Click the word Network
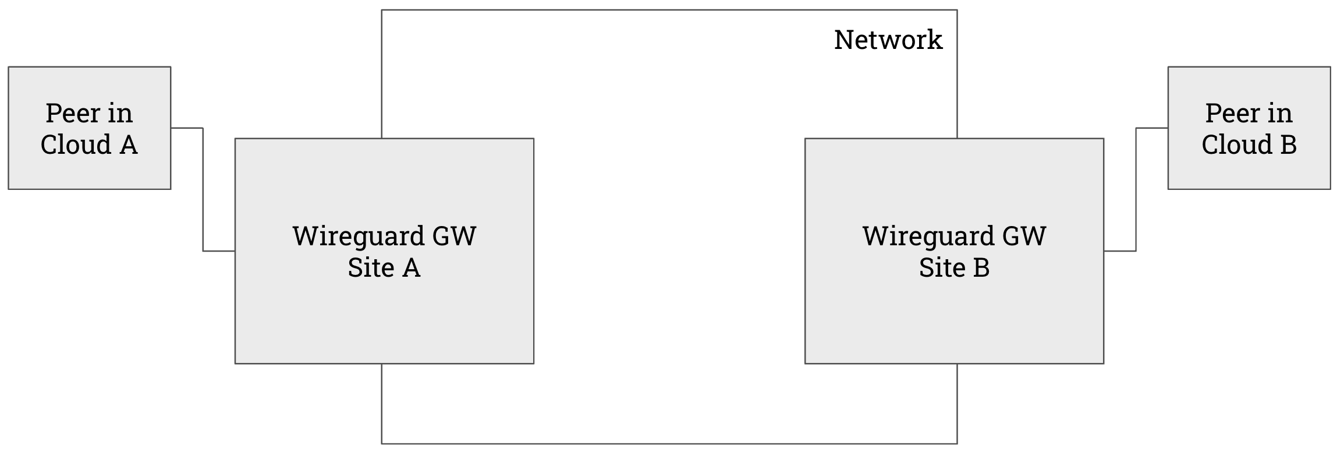click(x=888, y=40)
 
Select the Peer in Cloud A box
click(x=89, y=169)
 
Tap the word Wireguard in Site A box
click(x=359, y=236)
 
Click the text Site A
click(x=384, y=268)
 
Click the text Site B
click(x=954, y=268)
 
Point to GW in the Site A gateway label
click(x=453, y=236)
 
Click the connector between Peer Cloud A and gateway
click(x=203, y=189)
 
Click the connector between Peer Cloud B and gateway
click(x=1136, y=189)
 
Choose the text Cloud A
click(x=89, y=144)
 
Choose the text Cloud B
click(x=1249, y=144)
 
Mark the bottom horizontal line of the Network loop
click(x=669, y=443)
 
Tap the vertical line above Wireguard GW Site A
click(x=382, y=76)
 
